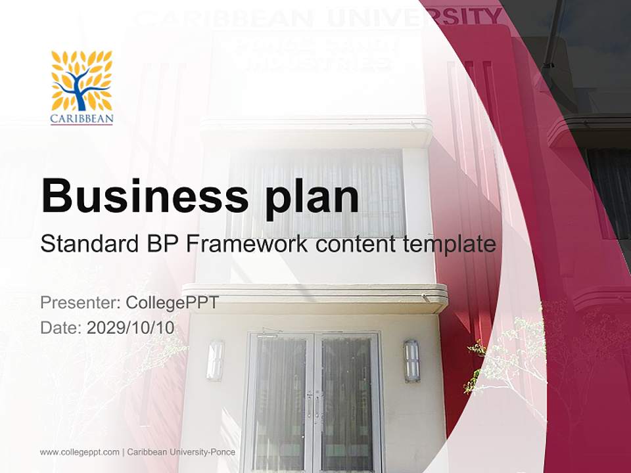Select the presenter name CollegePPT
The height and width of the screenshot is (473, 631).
[x=172, y=303]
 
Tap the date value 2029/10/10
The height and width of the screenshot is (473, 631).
[x=131, y=328]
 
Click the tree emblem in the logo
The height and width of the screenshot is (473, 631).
[x=82, y=81]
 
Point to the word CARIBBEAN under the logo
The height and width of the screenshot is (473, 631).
[x=82, y=119]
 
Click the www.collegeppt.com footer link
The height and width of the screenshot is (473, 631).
[x=80, y=452]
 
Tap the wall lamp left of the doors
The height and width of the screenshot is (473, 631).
[x=215, y=360]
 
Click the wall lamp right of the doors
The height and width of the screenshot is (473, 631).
[x=411, y=361]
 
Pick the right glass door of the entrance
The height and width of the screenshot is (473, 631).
[x=347, y=401]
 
